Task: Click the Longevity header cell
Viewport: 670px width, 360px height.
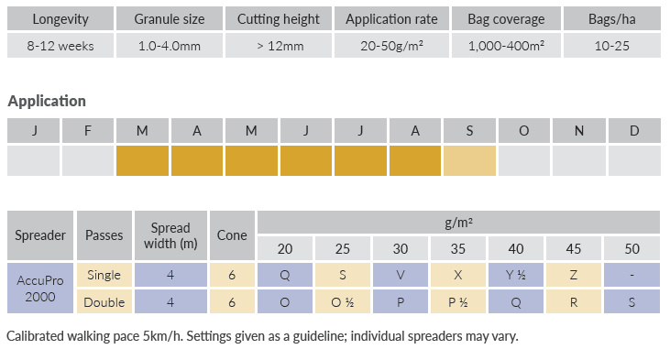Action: tap(60, 19)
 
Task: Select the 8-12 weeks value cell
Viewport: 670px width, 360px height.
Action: tap(60, 46)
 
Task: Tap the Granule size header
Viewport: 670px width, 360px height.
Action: tap(170, 19)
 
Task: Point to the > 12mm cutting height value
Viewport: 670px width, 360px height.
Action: tap(279, 46)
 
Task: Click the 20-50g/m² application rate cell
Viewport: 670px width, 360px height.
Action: tap(392, 46)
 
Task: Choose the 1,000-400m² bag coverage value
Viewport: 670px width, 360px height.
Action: tap(506, 46)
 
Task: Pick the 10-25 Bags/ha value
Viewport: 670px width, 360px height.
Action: tap(612, 46)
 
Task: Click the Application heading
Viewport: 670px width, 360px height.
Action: tap(47, 101)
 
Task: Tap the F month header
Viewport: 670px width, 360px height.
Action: tap(88, 130)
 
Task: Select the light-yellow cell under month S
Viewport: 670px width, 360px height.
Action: tap(469, 160)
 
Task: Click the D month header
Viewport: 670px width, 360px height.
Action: tap(634, 130)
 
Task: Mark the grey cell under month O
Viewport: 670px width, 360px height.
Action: tap(524, 160)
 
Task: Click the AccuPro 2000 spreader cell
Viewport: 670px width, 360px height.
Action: tap(40, 289)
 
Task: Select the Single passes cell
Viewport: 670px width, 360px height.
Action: tap(104, 275)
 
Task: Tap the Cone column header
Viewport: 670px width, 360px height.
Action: tap(232, 235)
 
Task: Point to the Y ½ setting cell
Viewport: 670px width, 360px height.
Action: tap(516, 275)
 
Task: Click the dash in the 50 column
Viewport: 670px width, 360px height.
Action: tap(632, 275)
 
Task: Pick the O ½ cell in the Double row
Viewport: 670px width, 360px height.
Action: tap(343, 302)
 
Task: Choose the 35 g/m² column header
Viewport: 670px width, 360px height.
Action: tap(458, 248)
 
